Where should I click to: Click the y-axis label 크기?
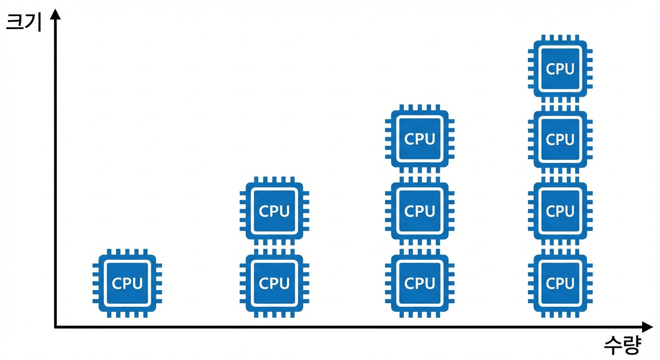pos(23,22)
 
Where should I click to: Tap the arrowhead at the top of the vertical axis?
pos(55,14)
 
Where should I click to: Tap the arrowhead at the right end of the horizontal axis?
pos(647,327)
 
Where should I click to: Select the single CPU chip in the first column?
pos(127,283)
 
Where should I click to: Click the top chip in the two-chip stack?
pos(274,211)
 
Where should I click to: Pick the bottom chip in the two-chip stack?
pos(274,283)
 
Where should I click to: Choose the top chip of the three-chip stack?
pos(420,139)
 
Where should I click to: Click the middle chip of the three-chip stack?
pos(420,211)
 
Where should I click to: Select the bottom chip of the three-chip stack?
pos(420,283)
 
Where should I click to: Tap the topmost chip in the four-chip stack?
pos(560,68)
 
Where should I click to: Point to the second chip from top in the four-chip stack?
pos(560,139)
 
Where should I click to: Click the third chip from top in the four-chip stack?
pos(560,211)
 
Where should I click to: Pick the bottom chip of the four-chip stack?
pos(560,283)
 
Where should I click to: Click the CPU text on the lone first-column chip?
pos(127,284)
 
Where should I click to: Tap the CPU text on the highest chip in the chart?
pos(560,69)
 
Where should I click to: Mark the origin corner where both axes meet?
pos(55,327)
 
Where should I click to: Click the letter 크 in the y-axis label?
pos(15,22)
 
